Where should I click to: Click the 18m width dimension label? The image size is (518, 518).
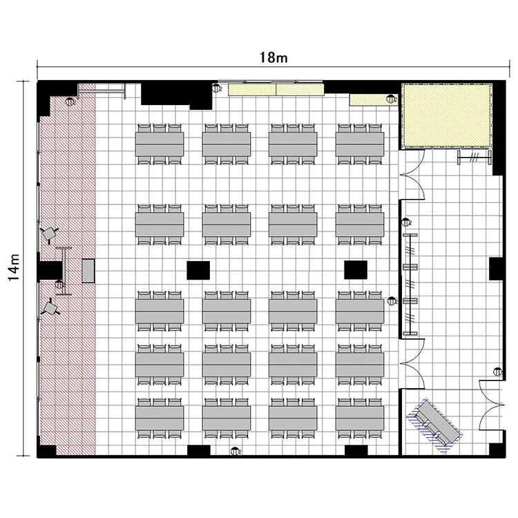(x=274, y=57)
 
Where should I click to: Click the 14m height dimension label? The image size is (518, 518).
(x=15, y=268)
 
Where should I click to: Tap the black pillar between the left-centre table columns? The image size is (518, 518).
(x=198, y=270)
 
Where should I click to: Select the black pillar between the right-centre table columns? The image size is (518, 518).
(x=356, y=270)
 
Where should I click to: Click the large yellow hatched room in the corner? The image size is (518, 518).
(x=446, y=116)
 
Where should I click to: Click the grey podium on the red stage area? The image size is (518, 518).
(x=88, y=271)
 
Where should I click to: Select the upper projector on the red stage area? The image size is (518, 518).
(x=49, y=234)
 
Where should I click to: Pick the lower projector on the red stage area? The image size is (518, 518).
(x=50, y=307)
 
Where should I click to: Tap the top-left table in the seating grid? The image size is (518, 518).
(x=160, y=144)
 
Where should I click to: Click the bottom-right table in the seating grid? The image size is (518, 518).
(x=360, y=419)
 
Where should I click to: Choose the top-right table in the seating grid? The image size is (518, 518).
(x=360, y=144)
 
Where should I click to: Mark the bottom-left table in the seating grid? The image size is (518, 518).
(x=160, y=419)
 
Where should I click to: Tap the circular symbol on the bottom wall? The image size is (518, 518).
(x=236, y=450)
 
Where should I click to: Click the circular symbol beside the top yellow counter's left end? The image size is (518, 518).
(x=216, y=88)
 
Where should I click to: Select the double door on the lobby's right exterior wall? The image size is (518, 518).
(x=491, y=405)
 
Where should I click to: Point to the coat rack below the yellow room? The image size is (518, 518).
(x=474, y=157)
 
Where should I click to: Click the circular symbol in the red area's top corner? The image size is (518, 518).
(x=70, y=102)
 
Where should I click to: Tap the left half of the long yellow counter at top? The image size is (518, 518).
(x=252, y=90)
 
